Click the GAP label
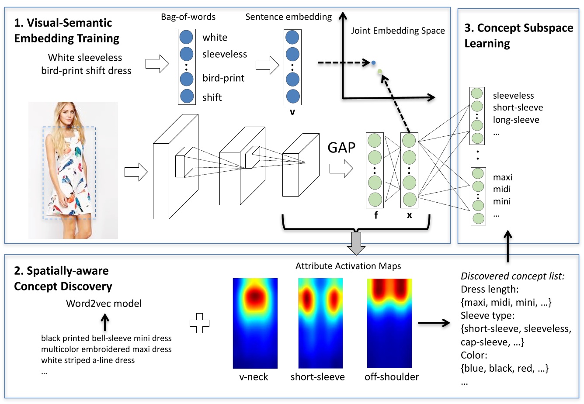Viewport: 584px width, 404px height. [341, 148]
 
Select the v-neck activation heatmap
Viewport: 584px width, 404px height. [255, 323]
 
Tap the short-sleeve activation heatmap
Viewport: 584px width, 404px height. [320, 323]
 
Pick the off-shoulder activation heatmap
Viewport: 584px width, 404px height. [389, 323]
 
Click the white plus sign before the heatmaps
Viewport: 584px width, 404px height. [199, 323]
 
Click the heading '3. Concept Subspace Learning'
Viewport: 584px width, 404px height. [518, 35]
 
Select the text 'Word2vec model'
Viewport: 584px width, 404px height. [104, 304]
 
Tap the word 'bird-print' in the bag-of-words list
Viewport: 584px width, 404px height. [223, 78]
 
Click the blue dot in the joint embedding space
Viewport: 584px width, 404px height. [373, 63]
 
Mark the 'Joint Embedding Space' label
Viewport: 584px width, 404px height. [398, 31]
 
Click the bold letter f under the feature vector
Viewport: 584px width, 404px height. [375, 215]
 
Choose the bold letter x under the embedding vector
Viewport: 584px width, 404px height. [409, 215]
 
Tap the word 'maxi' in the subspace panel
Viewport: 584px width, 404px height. [502, 177]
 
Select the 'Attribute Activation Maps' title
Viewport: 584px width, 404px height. [348, 266]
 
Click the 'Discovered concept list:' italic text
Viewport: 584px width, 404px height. [512, 276]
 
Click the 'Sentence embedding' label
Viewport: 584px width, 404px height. [289, 17]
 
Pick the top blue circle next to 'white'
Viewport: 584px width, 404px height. [187, 37]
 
